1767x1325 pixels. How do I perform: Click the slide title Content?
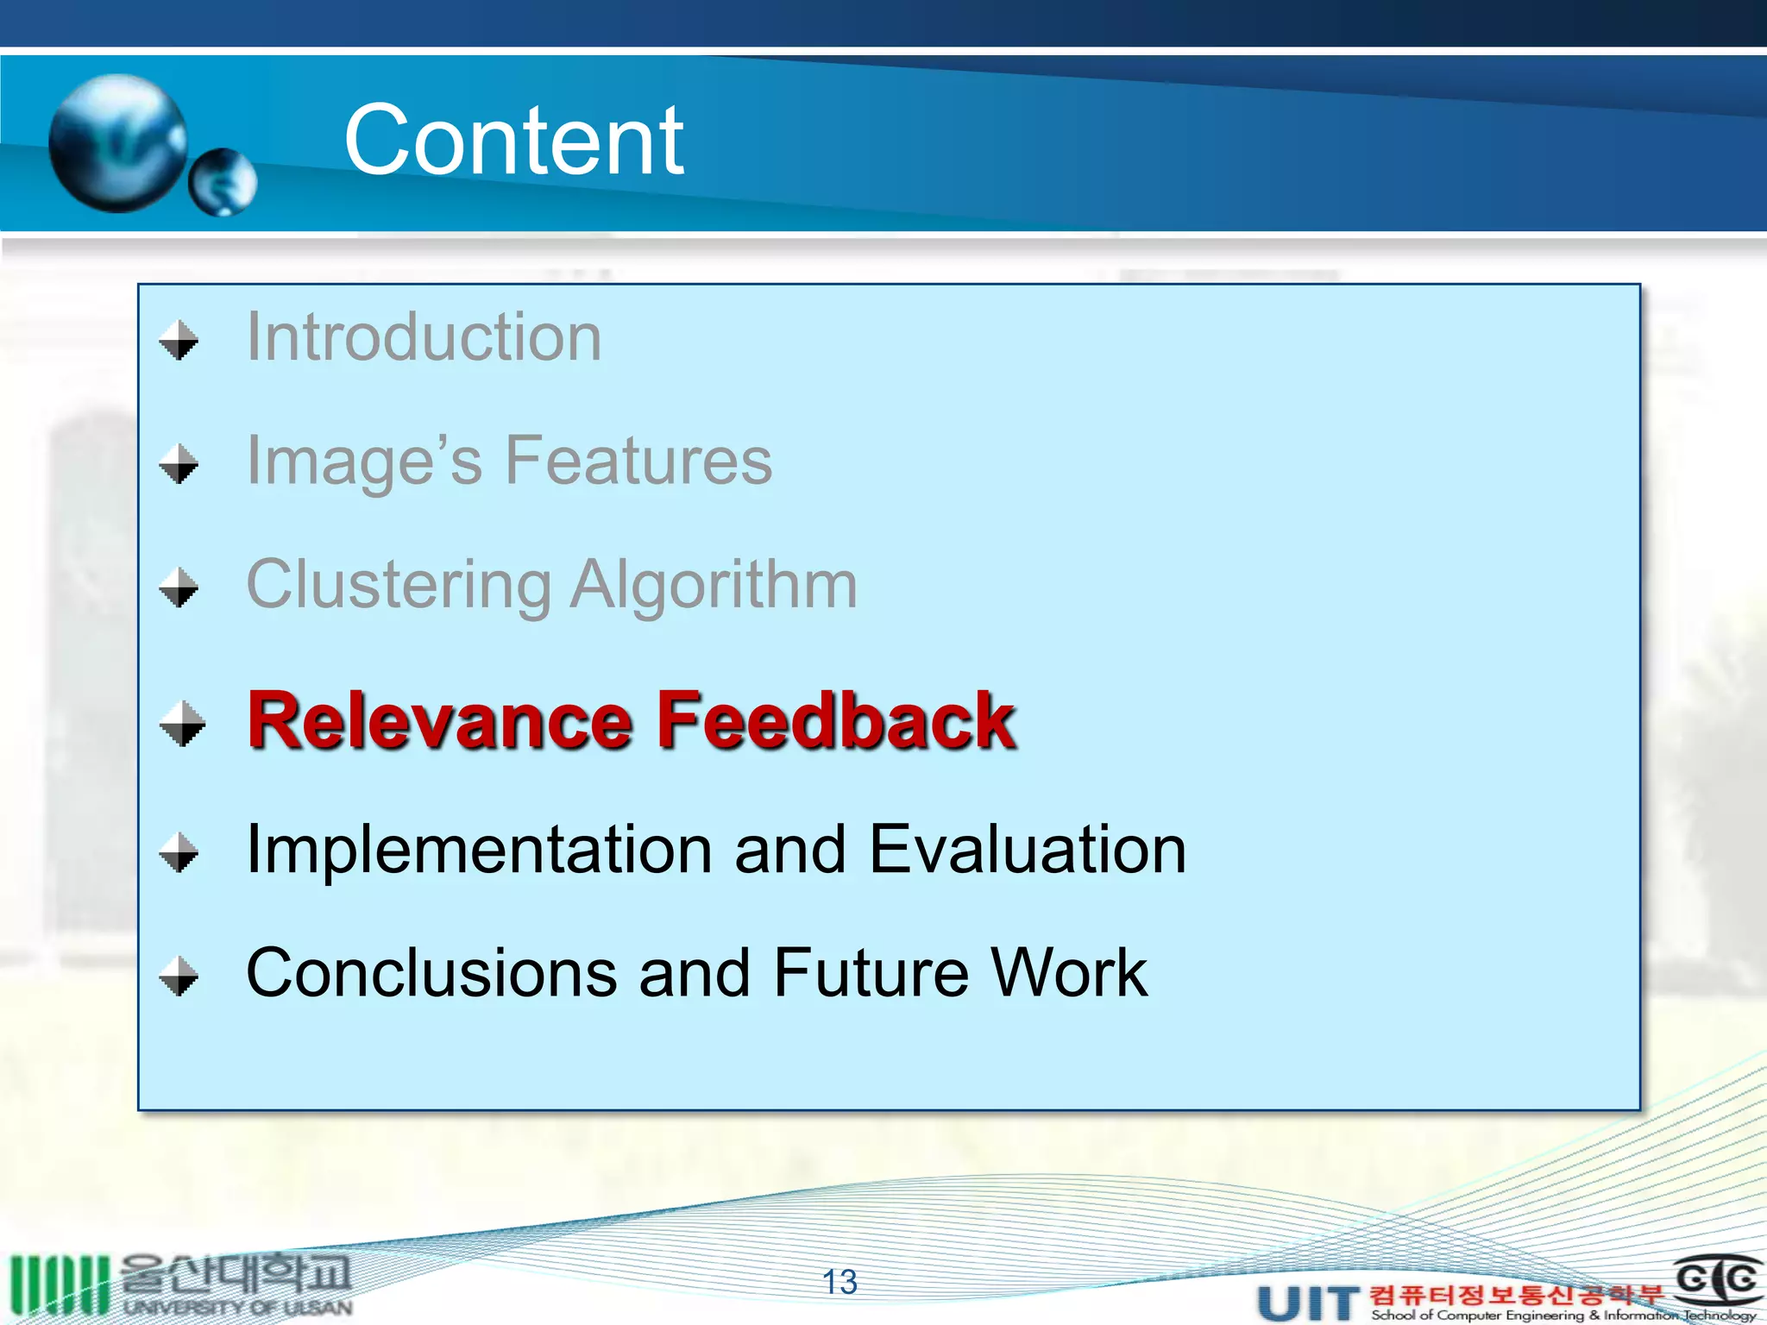pyautogui.click(x=513, y=140)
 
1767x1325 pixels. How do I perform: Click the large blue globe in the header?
pyautogui.click(x=117, y=143)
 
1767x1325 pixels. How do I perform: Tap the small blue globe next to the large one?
pyautogui.click(x=223, y=181)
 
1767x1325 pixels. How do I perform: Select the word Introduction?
pyautogui.click(x=424, y=337)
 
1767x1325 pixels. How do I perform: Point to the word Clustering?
pyautogui.click(x=399, y=585)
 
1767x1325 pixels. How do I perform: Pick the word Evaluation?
pyautogui.click(x=1027, y=850)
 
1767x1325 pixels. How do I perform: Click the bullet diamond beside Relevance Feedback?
pyautogui.click(x=182, y=723)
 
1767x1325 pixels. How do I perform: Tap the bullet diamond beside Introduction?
pyautogui.click(x=179, y=340)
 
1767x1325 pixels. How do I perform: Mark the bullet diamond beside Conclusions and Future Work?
pyautogui.click(x=179, y=976)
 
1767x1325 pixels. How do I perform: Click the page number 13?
pyautogui.click(x=839, y=1282)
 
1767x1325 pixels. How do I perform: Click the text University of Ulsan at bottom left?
pyautogui.click(x=237, y=1308)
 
